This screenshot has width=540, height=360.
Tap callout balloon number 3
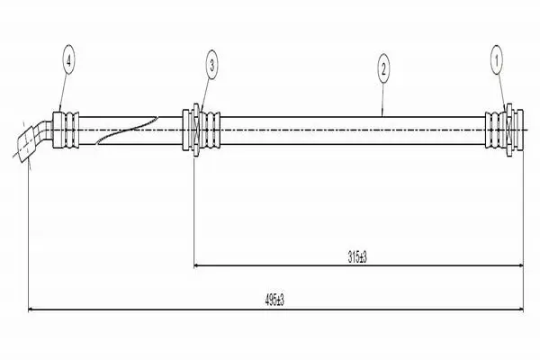[211, 65]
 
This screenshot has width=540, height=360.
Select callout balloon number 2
[383, 68]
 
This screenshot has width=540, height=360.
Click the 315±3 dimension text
[357, 257]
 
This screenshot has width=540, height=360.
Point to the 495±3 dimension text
[274, 301]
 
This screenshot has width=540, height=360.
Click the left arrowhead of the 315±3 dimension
[197, 265]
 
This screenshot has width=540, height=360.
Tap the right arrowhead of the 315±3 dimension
[519, 265]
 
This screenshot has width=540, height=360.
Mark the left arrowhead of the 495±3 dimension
[31, 310]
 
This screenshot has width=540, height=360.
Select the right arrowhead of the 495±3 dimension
[519, 310]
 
